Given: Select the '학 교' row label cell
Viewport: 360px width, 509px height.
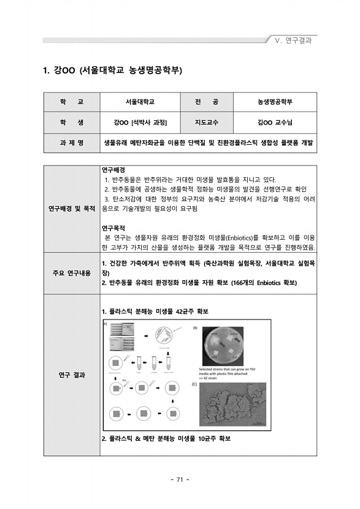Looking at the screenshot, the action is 72,101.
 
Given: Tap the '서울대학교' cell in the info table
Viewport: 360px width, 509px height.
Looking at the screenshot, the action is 140,101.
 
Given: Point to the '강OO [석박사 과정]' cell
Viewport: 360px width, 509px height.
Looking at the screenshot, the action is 140,122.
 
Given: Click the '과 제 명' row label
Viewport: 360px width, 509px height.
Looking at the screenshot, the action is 72,143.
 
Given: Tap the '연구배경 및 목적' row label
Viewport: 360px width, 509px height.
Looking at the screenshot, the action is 72,209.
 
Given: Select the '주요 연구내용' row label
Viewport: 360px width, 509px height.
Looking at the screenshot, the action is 72,272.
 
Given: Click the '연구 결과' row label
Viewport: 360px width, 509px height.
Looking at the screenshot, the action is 72,375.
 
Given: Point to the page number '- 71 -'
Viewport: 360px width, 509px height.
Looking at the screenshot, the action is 180,479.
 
